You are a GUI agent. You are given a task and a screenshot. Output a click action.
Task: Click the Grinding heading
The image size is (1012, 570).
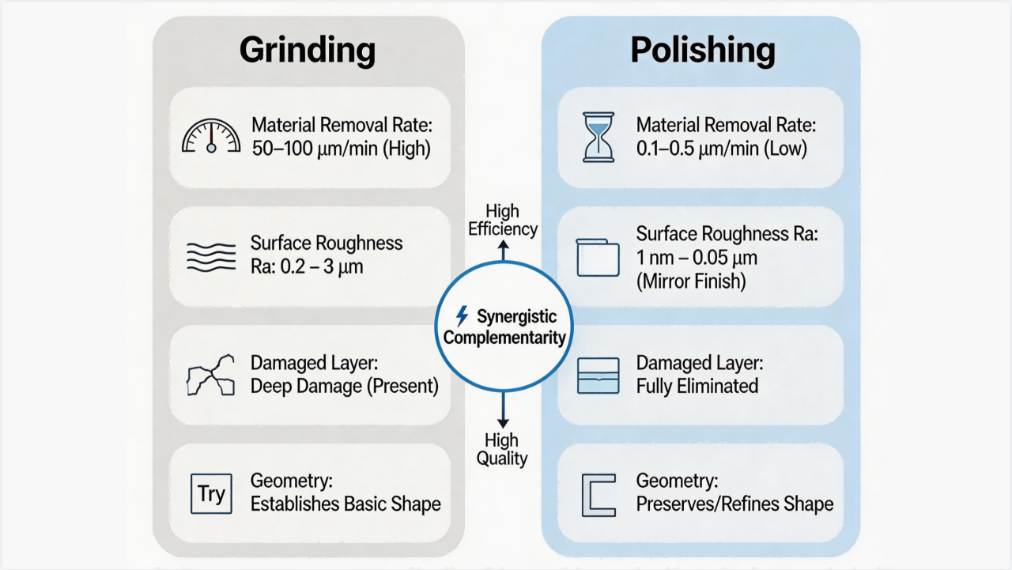click(308, 51)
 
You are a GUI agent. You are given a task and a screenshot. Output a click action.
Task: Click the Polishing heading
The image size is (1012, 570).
click(703, 50)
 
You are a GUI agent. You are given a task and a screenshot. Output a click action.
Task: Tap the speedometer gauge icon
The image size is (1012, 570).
click(211, 136)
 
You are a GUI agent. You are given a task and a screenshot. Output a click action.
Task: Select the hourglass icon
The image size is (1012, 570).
click(599, 137)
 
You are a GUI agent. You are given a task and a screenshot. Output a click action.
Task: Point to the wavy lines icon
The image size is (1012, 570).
click(211, 257)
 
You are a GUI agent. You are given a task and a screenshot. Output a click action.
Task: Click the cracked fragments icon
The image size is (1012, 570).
click(211, 376)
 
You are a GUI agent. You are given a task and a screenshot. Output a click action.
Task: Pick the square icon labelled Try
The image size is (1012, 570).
click(211, 493)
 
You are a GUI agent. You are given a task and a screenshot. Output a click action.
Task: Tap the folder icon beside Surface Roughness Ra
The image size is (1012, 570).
click(598, 258)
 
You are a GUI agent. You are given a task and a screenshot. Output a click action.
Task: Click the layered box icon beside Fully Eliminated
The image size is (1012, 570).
click(599, 376)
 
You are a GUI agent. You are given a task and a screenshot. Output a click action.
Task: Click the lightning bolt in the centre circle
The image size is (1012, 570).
click(462, 315)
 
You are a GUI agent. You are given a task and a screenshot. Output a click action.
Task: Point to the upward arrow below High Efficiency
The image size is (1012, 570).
click(504, 251)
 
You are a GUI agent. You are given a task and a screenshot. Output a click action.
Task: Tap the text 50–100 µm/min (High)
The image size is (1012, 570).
click(341, 149)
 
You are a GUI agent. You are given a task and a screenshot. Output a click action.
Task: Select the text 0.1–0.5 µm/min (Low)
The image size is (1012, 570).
click(722, 149)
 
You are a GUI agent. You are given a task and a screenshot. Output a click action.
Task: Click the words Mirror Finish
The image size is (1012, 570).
click(691, 281)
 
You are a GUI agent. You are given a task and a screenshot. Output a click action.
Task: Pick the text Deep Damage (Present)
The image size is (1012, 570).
click(344, 386)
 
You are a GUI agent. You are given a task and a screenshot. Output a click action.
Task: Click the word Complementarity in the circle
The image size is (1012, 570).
click(504, 338)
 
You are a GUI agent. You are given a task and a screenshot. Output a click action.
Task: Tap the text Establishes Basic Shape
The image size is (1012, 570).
click(346, 504)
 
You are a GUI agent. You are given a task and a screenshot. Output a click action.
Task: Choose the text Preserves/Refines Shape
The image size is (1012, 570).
click(734, 504)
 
